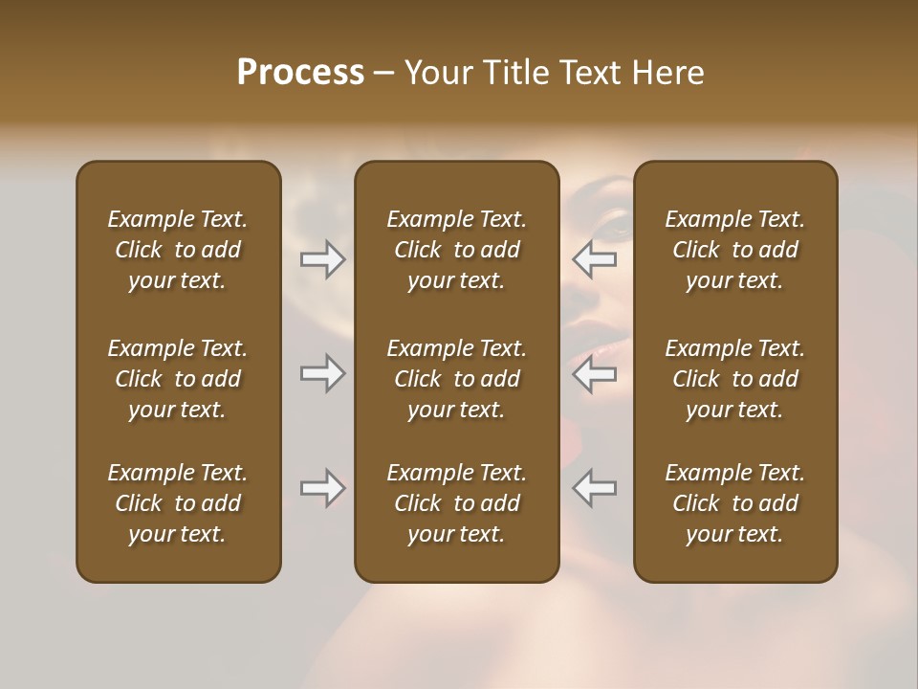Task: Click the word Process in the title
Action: click(300, 73)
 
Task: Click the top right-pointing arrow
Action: click(322, 259)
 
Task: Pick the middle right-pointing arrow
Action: click(322, 373)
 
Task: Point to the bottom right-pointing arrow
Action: click(322, 488)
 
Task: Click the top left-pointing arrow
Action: click(594, 259)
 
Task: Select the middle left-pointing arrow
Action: click(594, 373)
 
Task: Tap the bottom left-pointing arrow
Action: click(594, 488)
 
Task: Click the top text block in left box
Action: click(178, 250)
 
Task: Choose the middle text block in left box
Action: click(178, 379)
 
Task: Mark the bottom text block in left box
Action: click(178, 503)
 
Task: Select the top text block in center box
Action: click(456, 250)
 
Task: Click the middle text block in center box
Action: click(456, 379)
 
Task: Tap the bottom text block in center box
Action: click(456, 503)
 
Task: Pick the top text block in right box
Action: click(734, 250)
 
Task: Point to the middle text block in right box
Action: click(734, 379)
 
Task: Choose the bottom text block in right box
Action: click(734, 503)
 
